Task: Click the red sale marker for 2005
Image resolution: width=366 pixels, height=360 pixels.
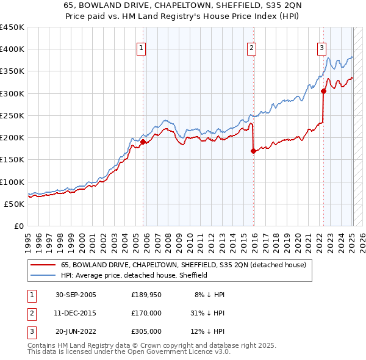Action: [143, 142]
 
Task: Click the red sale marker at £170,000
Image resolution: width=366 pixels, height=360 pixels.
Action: [253, 151]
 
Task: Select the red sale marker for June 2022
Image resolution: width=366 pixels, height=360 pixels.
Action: [323, 92]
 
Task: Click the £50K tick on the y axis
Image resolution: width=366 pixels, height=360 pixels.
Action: [14, 204]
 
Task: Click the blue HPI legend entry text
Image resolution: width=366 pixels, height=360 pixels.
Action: [134, 275]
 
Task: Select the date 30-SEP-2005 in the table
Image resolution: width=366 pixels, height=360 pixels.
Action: [76, 295]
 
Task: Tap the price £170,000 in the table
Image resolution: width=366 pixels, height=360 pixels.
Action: [146, 313]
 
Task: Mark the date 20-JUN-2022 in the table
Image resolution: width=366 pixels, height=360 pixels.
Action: [76, 331]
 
